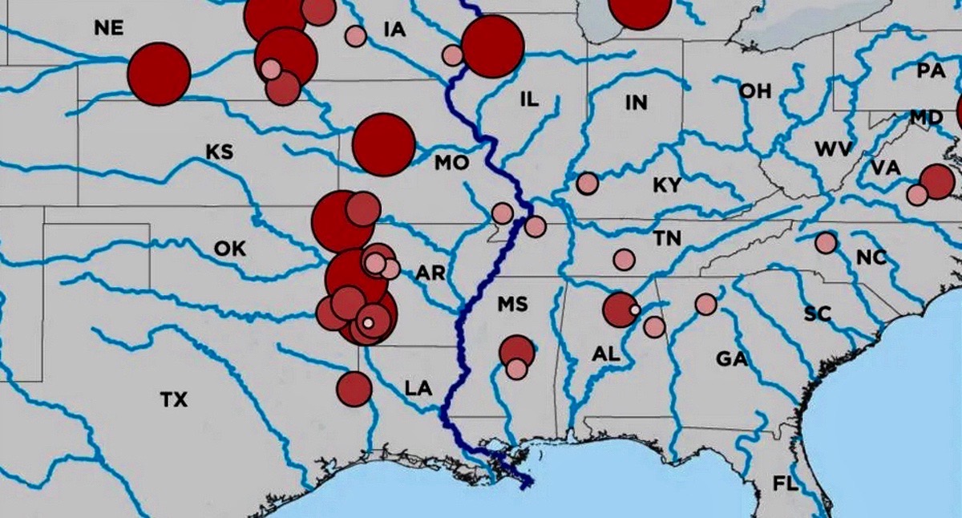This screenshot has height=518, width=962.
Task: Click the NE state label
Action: [x=108, y=28]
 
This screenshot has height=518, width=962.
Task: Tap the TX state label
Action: [x=173, y=399]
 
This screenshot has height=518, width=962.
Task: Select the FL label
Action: [x=784, y=484]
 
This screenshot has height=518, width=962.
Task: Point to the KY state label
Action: [x=667, y=185]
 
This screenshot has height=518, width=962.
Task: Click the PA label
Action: [x=931, y=71]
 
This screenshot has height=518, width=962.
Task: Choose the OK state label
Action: [x=230, y=249]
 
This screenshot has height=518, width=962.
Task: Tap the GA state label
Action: [x=732, y=358]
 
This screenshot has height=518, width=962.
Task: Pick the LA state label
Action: [x=418, y=389]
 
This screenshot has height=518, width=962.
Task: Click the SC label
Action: [x=817, y=314]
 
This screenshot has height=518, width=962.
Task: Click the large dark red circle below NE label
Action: [x=159, y=74]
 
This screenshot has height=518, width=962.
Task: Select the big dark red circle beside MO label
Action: [x=384, y=144]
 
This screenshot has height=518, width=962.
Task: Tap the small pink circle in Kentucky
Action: [x=588, y=184]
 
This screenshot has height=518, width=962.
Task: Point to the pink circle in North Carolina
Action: [x=826, y=242]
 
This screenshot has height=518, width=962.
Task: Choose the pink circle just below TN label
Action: [x=624, y=260]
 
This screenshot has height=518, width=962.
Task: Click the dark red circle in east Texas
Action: [x=354, y=389]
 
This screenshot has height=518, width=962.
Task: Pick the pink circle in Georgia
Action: [x=705, y=304]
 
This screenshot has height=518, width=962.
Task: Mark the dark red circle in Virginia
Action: [x=937, y=181]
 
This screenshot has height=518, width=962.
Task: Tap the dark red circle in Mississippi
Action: [x=516, y=350]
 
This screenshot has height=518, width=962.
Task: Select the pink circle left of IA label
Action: [x=355, y=36]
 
